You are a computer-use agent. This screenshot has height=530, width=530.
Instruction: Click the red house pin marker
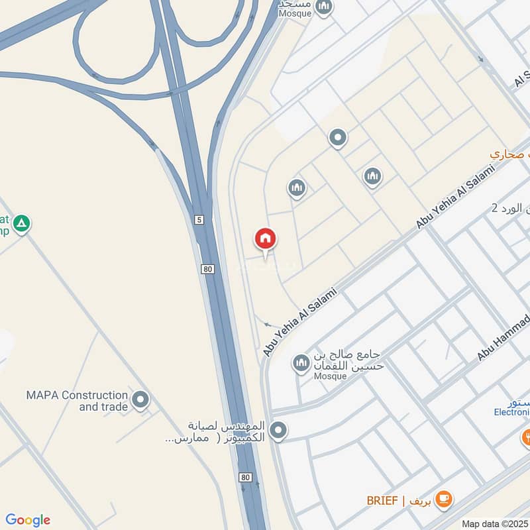[x=266, y=239]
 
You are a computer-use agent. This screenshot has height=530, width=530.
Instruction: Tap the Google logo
[x=28, y=520]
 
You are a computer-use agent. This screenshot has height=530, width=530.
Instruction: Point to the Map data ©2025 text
[x=495, y=523]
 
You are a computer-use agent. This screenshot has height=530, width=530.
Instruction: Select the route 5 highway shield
[x=199, y=219]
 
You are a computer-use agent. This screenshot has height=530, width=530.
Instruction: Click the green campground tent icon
[x=23, y=224]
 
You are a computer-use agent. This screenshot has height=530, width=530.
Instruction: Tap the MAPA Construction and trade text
[x=77, y=401]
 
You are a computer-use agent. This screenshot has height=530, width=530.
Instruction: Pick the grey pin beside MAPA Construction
[x=140, y=399]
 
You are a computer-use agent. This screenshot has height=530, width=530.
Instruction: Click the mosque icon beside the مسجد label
[x=323, y=8]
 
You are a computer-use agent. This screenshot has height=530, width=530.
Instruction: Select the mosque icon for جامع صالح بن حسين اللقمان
[x=301, y=363]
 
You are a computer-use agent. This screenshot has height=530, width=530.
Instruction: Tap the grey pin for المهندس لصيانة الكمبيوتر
[x=278, y=431]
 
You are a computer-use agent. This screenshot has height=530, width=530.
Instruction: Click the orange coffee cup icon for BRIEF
[x=444, y=499]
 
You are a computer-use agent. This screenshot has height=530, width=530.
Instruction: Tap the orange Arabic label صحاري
[x=510, y=154]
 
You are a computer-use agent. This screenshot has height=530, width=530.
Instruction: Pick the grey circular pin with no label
[x=338, y=138]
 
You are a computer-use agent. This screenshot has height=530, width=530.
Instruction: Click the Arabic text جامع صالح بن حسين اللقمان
[x=348, y=358]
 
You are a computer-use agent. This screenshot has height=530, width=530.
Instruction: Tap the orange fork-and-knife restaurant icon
[x=526, y=436]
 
